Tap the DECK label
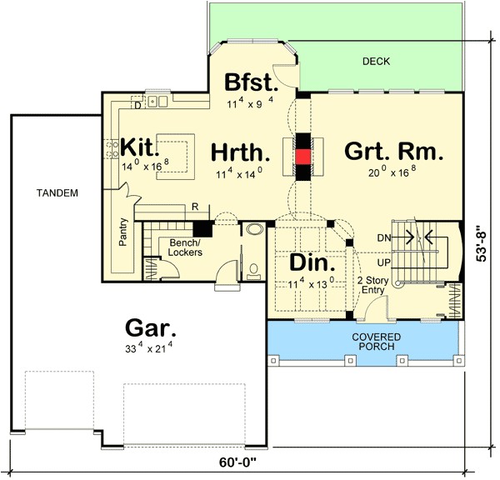(376, 62)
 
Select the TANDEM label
(57, 193)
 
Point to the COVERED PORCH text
(375, 342)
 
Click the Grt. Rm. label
(392, 152)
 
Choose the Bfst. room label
(251, 83)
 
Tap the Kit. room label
(140, 147)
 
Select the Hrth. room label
(241, 152)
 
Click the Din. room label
(312, 263)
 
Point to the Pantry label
(122, 232)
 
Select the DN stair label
(383, 237)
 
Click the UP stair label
(383, 262)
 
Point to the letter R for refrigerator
(193, 206)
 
